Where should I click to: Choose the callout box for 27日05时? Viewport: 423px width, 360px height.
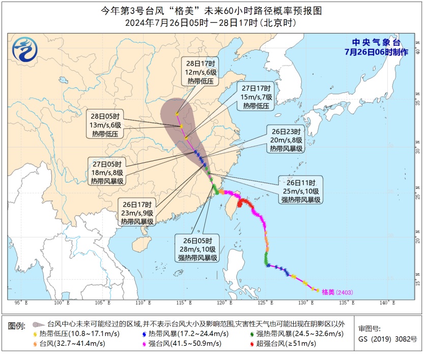pos(107,172)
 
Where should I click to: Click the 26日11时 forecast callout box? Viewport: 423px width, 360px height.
pos(301,191)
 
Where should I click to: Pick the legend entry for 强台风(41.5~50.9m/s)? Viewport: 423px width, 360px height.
pos(180,343)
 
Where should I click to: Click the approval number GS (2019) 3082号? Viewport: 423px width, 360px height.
pos(387,339)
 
